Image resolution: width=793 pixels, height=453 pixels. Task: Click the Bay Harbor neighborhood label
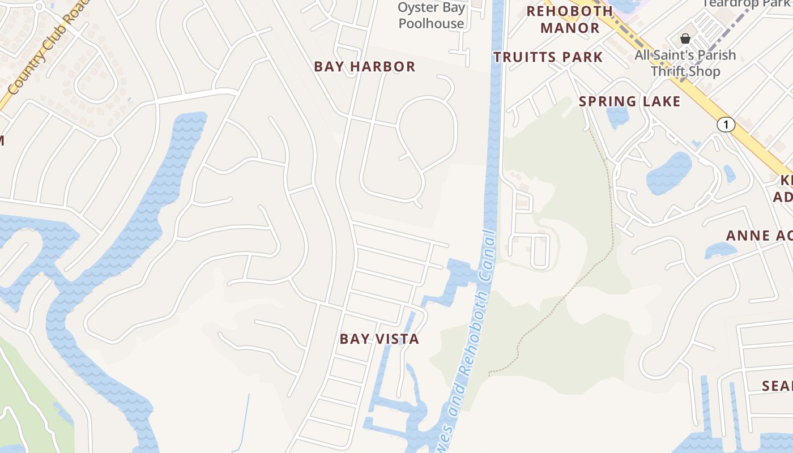pos(365,67)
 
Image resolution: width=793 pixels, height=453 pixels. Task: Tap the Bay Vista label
pos(380,339)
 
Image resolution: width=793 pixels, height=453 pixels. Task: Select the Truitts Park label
pos(548,57)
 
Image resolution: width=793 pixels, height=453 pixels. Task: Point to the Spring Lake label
pos(629,102)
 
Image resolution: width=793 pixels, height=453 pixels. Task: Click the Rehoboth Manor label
pos(570,19)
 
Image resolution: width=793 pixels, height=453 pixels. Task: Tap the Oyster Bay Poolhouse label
pos(431,15)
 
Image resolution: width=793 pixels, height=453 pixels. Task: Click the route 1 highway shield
pos(726,125)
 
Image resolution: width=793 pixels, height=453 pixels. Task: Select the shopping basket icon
pos(685,39)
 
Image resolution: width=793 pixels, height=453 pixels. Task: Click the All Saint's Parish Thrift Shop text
pos(685,63)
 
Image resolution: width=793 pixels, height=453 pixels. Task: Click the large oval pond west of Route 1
pos(670,173)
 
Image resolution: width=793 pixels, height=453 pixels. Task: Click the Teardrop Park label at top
pos(747,3)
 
